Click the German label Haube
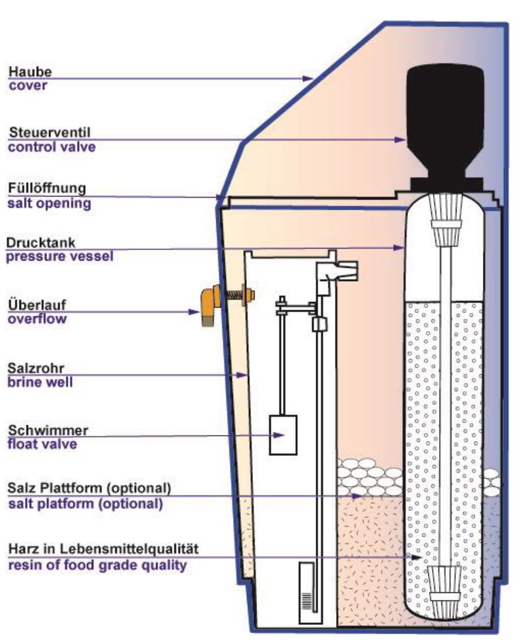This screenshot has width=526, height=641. click(30, 71)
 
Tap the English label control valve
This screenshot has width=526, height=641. click(52, 147)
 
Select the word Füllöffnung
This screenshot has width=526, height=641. click(47, 188)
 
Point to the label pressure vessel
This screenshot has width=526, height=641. click(60, 256)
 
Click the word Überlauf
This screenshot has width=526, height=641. click(37, 304)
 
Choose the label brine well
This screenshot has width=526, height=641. click(40, 382)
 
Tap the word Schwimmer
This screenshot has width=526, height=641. click(49, 431)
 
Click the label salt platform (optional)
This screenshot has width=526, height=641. click(86, 504)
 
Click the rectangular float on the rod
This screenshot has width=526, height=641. click(283, 435)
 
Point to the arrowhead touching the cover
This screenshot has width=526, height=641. click(308, 78)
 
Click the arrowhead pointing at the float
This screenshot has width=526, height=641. click(279, 435)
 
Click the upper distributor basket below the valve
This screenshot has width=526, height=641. click(446, 220)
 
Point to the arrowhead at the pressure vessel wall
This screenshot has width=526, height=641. click(399, 248)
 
